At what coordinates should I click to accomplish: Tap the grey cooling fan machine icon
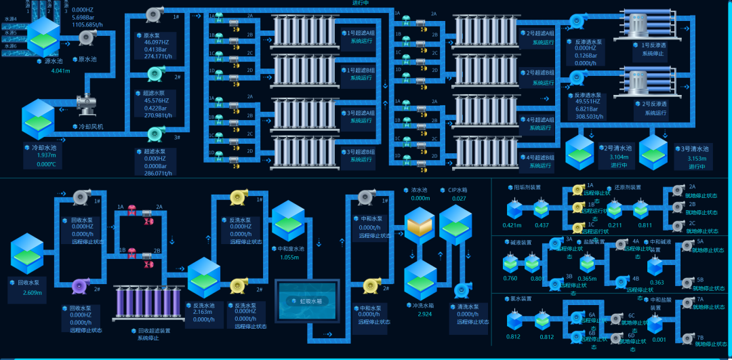87,102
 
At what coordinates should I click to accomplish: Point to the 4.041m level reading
61,71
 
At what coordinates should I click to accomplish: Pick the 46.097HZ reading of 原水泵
157,42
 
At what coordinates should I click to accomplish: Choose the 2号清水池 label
618,148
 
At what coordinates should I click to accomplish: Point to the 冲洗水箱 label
424,306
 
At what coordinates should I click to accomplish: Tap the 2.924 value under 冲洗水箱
425,315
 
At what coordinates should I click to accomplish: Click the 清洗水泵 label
467,306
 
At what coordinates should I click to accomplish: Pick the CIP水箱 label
457,191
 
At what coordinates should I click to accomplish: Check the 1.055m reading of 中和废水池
289,257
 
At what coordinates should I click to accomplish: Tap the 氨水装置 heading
521,298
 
